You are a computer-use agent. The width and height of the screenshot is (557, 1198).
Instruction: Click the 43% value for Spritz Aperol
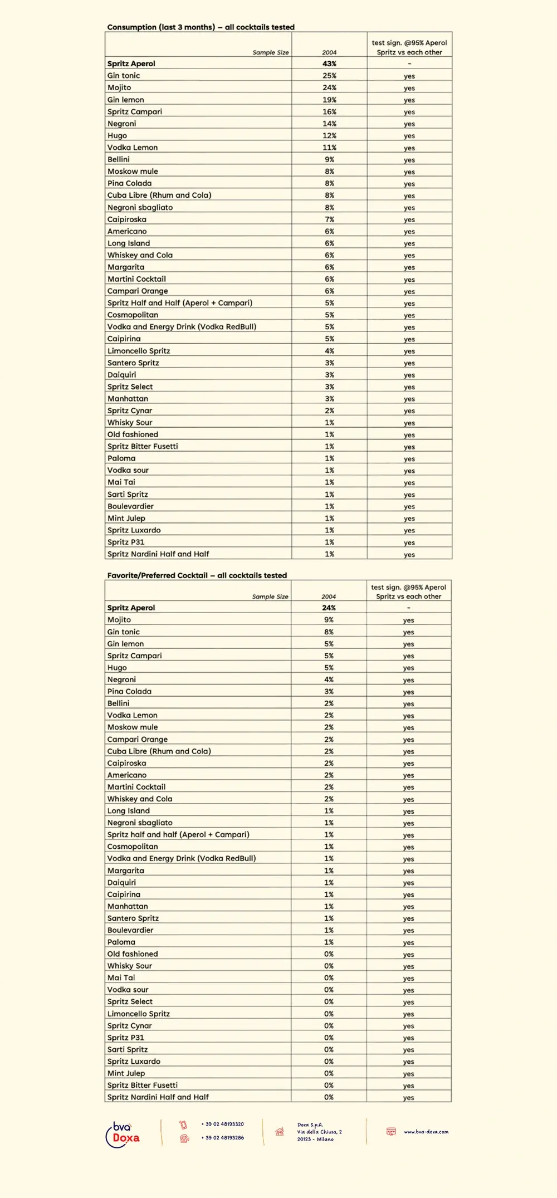(329, 63)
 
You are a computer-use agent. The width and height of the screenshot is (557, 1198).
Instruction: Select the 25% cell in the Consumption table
(329, 76)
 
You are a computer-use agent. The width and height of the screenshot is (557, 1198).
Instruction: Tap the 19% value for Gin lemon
(329, 100)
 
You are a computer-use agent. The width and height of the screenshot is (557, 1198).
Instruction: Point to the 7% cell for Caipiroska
(329, 219)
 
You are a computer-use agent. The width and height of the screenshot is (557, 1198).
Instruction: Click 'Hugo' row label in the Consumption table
(117, 135)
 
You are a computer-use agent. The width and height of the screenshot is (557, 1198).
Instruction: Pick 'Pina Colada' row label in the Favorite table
(129, 691)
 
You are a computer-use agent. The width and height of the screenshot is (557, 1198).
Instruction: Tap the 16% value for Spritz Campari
(329, 111)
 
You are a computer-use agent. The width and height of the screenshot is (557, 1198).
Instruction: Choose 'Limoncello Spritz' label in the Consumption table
(139, 351)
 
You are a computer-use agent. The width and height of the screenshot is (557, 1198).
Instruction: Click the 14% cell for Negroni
(329, 124)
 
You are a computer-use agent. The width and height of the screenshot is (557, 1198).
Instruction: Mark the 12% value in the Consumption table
(329, 135)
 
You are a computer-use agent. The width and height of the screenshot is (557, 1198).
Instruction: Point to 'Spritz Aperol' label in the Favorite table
(131, 608)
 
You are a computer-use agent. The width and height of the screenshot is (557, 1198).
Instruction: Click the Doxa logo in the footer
(123, 1135)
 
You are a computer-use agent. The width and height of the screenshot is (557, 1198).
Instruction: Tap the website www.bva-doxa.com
(426, 1132)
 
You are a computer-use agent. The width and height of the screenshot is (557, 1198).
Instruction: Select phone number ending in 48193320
(223, 1124)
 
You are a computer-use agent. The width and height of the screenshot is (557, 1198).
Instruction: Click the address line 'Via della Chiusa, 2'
(319, 1132)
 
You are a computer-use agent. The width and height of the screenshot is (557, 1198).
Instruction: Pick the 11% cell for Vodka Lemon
(329, 148)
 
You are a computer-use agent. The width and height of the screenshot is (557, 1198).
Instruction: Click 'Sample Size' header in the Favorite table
(270, 596)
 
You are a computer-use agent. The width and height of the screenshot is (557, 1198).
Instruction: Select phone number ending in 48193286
(223, 1138)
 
